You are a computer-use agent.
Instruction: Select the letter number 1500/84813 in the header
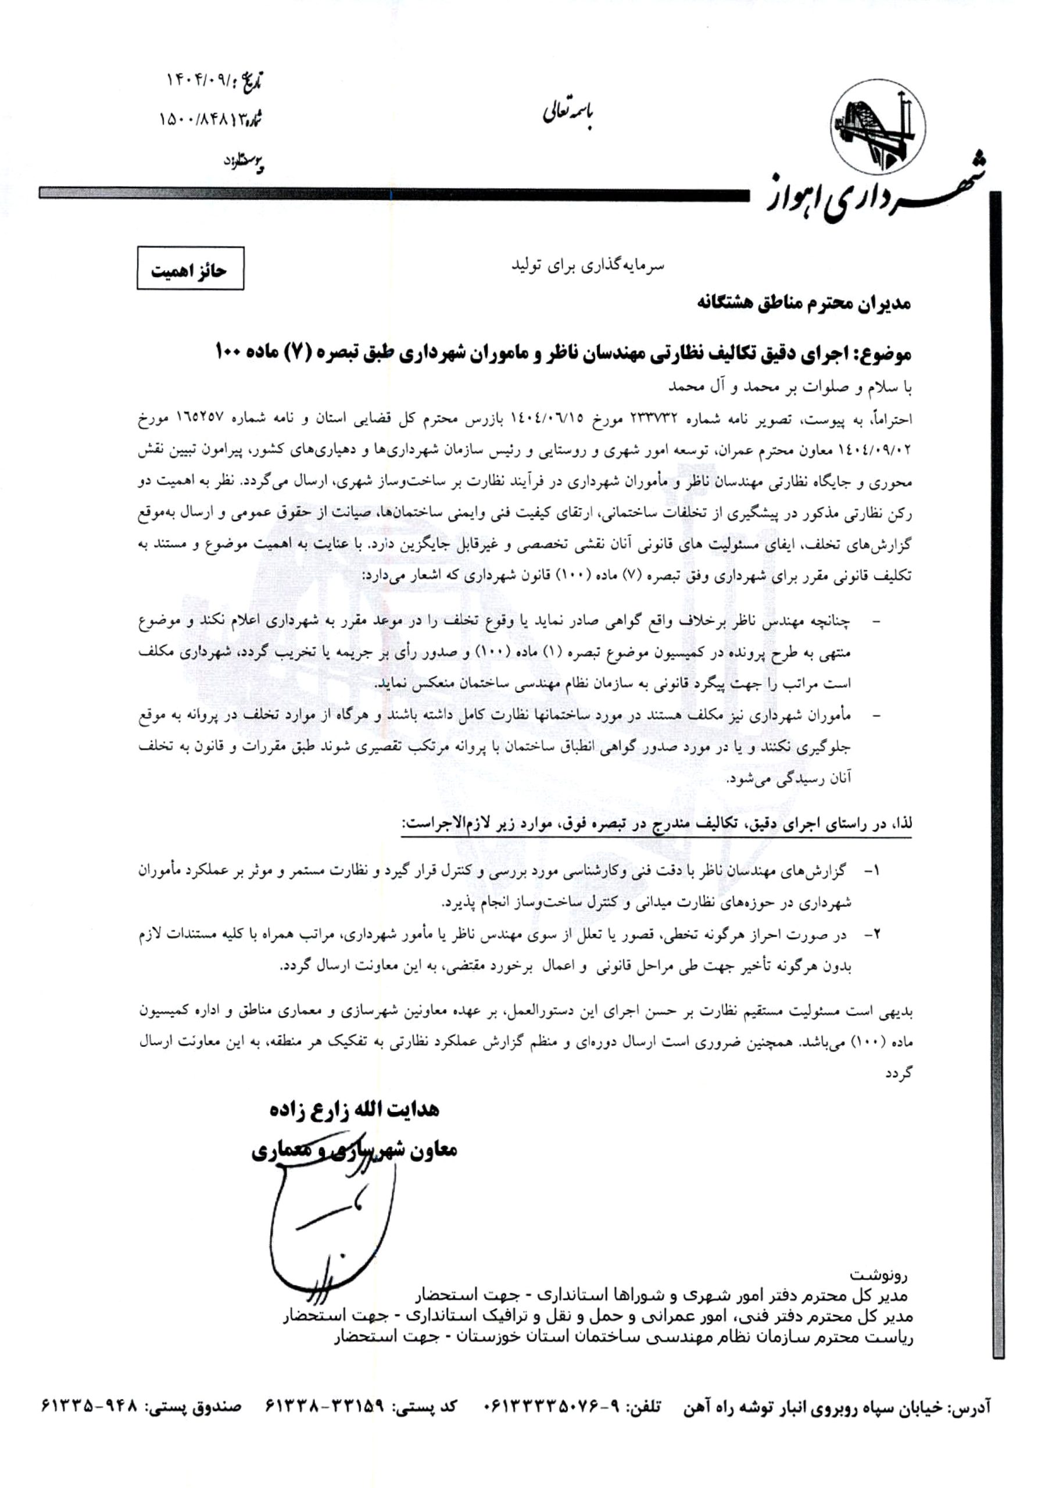coord(199,120)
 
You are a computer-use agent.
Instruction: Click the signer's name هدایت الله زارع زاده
coord(355,1110)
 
